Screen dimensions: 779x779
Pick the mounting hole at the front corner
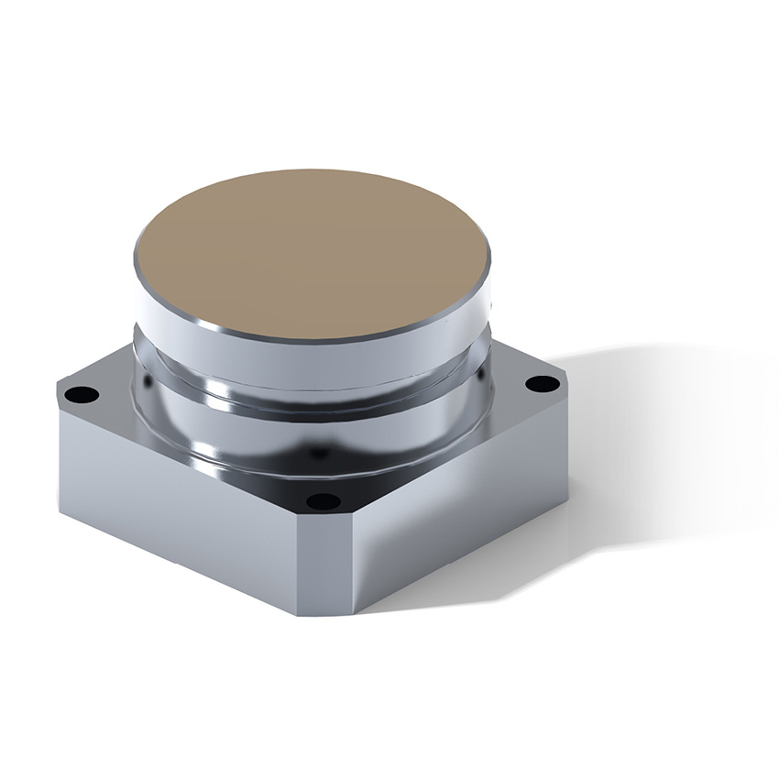tap(322, 500)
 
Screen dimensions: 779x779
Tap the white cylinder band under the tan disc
tap(312, 353)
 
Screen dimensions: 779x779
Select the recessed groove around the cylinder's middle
tap(312, 389)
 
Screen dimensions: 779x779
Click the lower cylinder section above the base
tap(312, 431)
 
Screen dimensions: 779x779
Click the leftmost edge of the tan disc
tap(136, 257)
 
